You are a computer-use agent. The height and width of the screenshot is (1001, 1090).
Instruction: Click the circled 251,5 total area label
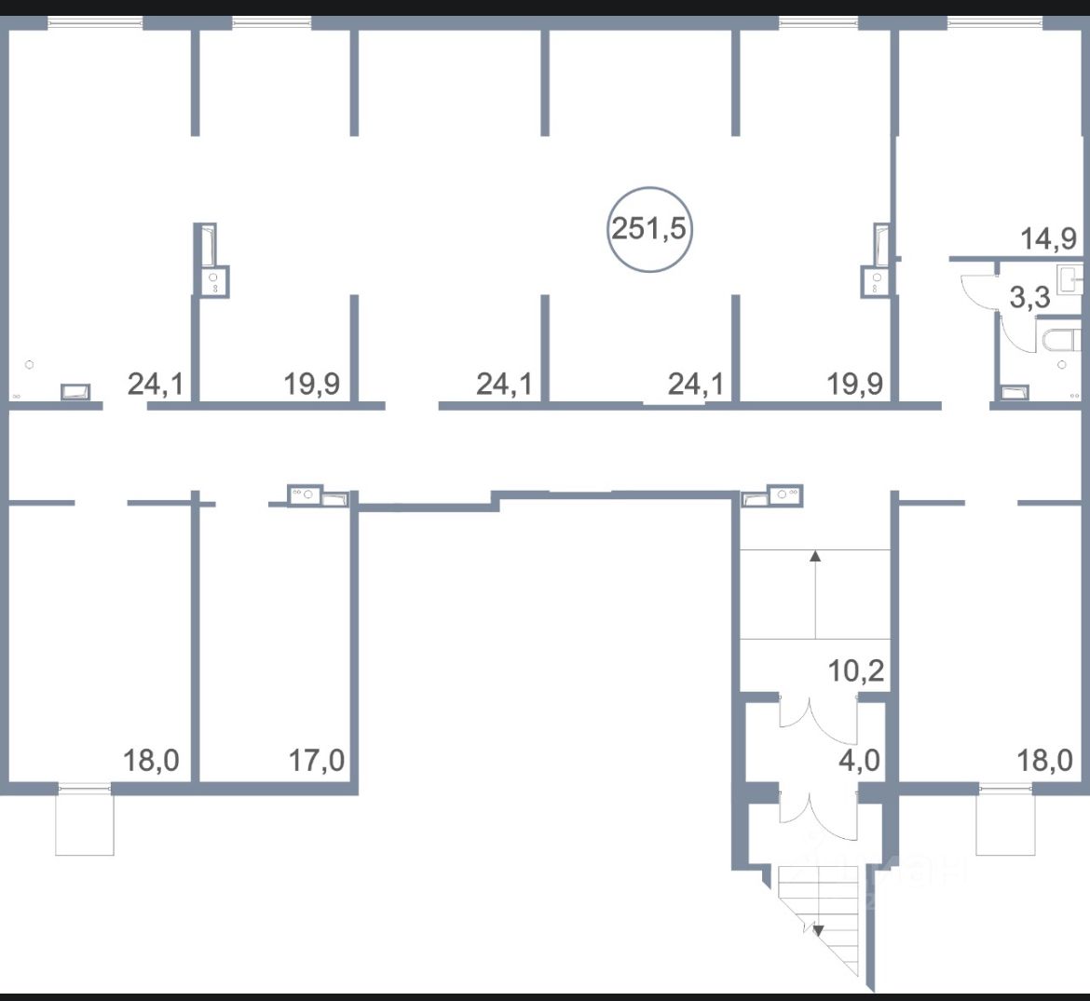click(x=650, y=228)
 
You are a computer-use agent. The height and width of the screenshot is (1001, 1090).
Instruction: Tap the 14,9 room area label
click(x=1048, y=238)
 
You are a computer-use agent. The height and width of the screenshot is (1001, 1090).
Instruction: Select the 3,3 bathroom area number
click(x=1030, y=299)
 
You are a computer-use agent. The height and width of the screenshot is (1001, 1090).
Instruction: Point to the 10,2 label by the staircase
click(x=856, y=670)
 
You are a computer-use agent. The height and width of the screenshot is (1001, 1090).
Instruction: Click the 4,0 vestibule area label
click(x=859, y=760)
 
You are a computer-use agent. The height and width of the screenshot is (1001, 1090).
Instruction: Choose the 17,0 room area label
click(x=317, y=760)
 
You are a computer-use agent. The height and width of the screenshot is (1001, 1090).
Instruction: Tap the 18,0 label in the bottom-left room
click(x=151, y=760)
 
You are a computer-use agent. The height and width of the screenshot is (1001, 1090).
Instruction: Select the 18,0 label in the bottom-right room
click(x=1044, y=760)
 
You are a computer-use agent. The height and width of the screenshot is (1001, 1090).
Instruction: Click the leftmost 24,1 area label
click(x=155, y=383)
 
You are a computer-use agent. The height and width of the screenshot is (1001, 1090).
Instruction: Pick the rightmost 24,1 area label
click(x=696, y=383)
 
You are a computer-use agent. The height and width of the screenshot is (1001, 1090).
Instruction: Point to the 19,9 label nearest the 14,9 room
click(x=856, y=383)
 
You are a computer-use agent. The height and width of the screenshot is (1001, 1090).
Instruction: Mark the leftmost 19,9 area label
click(x=312, y=383)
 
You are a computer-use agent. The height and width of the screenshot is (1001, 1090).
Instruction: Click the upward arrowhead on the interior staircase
click(x=815, y=556)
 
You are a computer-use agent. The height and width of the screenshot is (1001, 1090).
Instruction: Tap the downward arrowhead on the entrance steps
click(x=817, y=929)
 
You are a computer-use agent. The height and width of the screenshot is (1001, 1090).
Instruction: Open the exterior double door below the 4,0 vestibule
click(x=816, y=806)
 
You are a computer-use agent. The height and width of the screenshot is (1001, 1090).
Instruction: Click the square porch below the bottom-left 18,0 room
click(x=85, y=823)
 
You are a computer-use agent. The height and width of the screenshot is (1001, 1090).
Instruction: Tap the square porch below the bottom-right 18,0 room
click(x=1005, y=823)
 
